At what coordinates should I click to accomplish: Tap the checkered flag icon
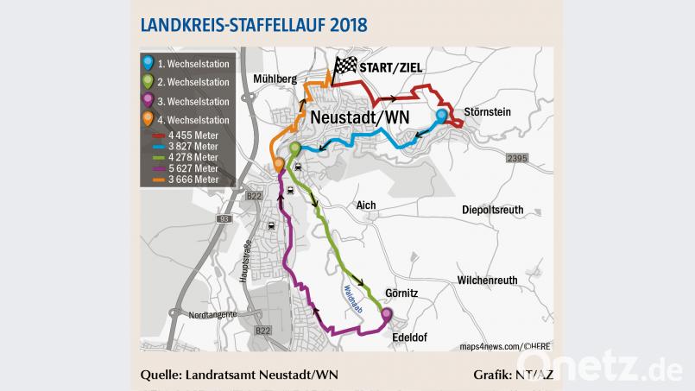(344, 67)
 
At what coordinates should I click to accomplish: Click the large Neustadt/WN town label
(358, 117)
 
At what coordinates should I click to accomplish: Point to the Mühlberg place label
(275, 79)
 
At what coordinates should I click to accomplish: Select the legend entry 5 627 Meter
(193, 168)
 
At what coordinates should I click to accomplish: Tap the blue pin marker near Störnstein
(441, 117)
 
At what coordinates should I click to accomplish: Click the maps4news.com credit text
(490, 345)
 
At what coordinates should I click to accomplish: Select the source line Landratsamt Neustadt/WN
(240, 375)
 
